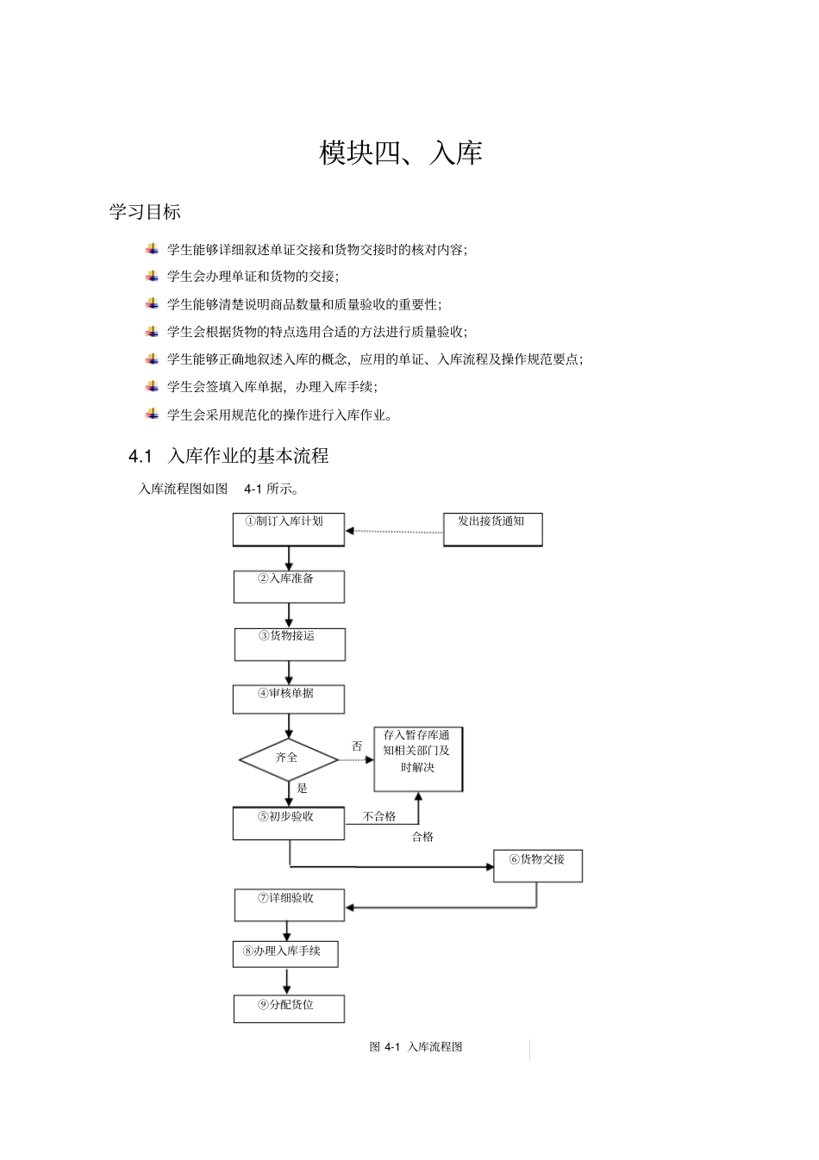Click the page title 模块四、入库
[x=400, y=153]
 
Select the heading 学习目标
[x=144, y=212]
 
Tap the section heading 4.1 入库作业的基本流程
[x=228, y=456]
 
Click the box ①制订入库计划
[x=288, y=529]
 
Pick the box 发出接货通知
[x=492, y=529]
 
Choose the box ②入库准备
[x=288, y=586]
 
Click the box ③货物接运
[x=289, y=644]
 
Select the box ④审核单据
[x=288, y=699]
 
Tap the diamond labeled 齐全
[x=288, y=758]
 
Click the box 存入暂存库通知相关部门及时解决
[x=418, y=759]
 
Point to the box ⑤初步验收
[x=288, y=823]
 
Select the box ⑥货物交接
[x=537, y=865]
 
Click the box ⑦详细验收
[x=289, y=905]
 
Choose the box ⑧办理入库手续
[x=284, y=954]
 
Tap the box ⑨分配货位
[x=288, y=1008]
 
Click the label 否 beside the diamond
[x=357, y=746]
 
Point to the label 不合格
[x=379, y=816]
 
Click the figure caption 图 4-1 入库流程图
[x=416, y=1047]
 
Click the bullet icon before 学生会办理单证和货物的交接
[x=152, y=277]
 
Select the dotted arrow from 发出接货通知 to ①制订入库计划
[x=394, y=532]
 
